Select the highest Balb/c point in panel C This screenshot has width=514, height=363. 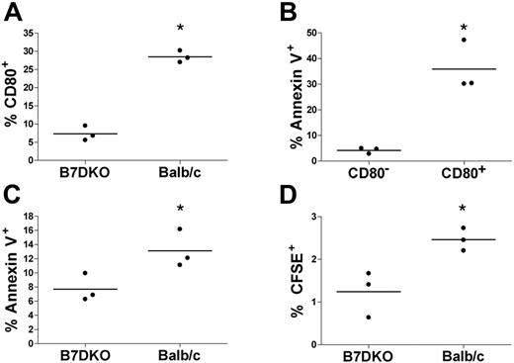[x=180, y=229]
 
